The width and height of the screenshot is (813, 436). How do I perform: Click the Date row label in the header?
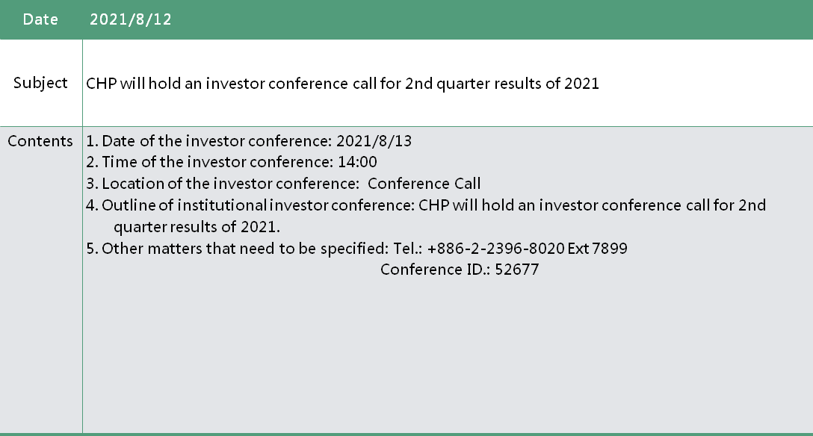40,19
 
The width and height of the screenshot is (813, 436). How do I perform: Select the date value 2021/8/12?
131,19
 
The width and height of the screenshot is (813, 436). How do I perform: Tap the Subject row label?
40,83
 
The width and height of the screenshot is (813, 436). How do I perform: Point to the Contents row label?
40,141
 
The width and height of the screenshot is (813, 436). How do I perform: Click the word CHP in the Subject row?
101,84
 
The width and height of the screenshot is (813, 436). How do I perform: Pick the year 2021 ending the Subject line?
582,84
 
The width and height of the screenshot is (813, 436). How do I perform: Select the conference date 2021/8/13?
374,141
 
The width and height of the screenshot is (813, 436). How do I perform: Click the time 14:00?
357,162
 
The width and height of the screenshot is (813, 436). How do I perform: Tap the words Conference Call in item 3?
424,184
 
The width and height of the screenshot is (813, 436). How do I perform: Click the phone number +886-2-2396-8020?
495,249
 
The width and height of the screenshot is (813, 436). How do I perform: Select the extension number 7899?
610,249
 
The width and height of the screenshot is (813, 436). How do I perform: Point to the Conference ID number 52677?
517,270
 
